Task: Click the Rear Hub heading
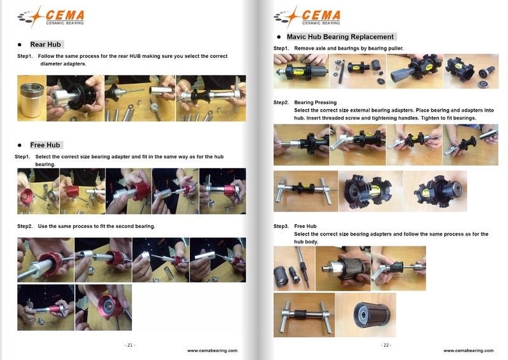45,44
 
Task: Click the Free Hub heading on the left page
46,145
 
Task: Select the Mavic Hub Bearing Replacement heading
340,37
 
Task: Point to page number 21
130,345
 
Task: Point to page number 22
385,345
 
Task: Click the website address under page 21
212,350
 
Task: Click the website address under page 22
468,350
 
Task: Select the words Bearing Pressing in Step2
316,102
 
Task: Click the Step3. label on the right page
281,227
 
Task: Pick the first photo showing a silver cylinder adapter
31,98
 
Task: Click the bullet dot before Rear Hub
20,45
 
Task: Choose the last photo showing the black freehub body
365,315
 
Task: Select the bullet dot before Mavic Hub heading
279,37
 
